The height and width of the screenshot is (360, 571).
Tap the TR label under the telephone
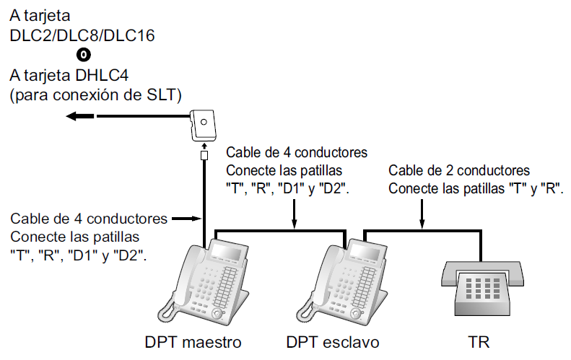(x=479, y=341)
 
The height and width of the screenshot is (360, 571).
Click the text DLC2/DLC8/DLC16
(x=82, y=35)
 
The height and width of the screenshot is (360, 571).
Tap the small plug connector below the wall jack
(x=204, y=155)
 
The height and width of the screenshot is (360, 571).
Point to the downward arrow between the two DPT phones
(x=295, y=221)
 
